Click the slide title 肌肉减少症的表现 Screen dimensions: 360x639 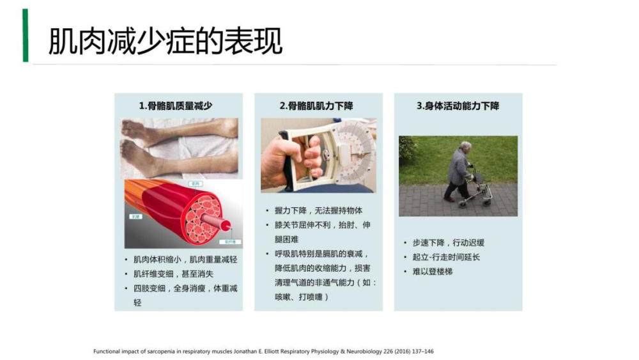pyautogui.click(x=165, y=42)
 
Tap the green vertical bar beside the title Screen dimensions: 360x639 pyautogui.click(x=26, y=36)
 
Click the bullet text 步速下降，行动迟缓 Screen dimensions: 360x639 pyautogui.click(x=448, y=243)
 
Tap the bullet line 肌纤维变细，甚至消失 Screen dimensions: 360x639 pyautogui.click(x=173, y=274)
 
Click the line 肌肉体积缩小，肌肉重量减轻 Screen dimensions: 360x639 pyautogui.click(x=185, y=260)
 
